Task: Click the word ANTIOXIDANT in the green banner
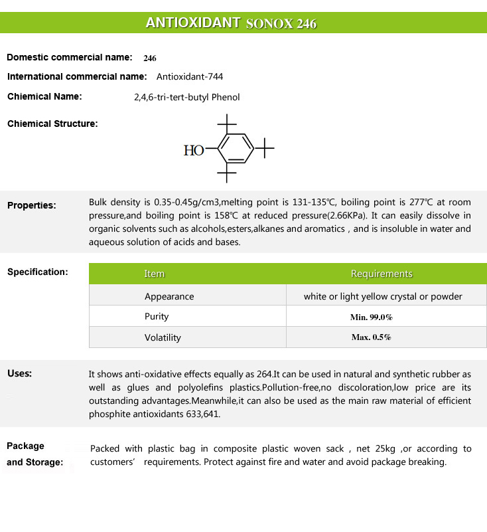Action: click(192, 23)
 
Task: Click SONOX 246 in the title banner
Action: click(281, 24)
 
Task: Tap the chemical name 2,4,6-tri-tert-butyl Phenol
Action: click(186, 97)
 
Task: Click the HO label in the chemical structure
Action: click(193, 151)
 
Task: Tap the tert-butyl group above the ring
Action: click(227, 123)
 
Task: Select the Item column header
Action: click(154, 274)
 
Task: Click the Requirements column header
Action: click(382, 274)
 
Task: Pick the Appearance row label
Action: click(169, 296)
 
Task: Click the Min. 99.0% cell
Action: click(371, 317)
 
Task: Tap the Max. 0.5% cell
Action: click(371, 337)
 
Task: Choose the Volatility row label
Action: click(163, 337)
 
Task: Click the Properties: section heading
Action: click(32, 205)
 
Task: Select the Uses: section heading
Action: click(20, 373)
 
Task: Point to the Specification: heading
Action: click(38, 272)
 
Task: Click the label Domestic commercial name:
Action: click(70, 57)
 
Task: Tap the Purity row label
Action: click(157, 317)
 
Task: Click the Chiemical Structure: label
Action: click(52, 124)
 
